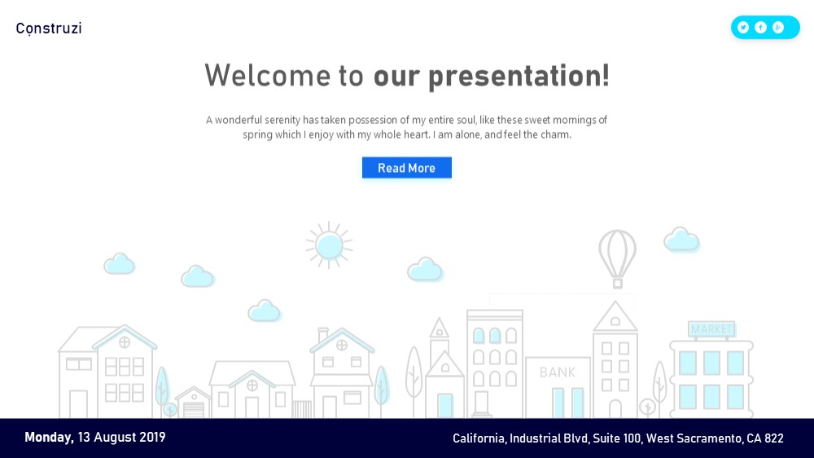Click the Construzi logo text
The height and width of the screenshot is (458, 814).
coord(49,29)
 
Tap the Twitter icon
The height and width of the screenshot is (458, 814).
coord(743,28)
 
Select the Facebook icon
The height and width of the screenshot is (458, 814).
coord(760,28)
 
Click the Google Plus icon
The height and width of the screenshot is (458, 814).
coord(778,28)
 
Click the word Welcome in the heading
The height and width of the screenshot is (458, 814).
coord(267,75)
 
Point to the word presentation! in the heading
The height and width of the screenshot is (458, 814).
coord(519,77)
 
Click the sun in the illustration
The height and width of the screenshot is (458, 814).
coord(329,245)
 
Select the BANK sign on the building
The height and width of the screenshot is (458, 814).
coord(558,372)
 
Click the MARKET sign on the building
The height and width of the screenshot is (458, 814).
coord(711,329)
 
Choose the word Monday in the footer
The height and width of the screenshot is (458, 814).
coord(50,438)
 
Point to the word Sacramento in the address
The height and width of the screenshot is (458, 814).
coord(708,438)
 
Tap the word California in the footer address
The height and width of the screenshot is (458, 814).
coord(479,438)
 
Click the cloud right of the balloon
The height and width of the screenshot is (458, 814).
coord(681,239)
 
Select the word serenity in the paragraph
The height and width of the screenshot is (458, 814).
coord(282,120)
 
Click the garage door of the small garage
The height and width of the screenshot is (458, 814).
coord(194,410)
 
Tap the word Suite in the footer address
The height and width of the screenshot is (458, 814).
coord(606,438)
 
